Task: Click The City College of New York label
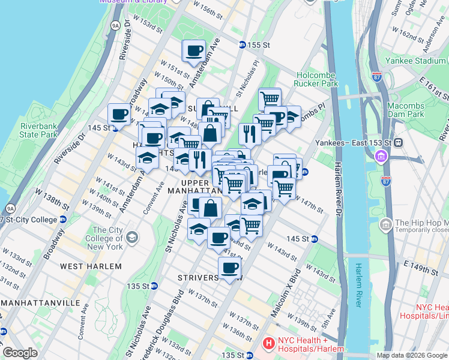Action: (107, 238)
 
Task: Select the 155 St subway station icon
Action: (241, 45)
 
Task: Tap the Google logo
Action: (20, 352)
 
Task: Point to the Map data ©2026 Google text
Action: (412, 355)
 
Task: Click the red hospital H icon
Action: (268, 344)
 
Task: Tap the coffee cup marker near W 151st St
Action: (193, 51)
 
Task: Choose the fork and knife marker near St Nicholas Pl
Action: (249, 133)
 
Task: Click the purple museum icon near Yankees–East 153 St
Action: (379, 158)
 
